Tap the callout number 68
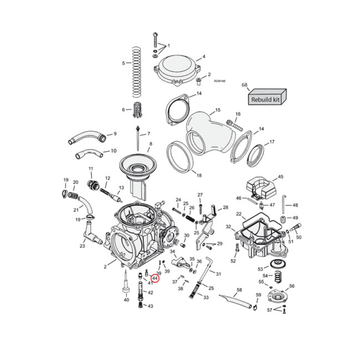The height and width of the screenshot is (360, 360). click(245, 85)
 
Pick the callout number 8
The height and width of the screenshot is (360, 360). click(151, 144)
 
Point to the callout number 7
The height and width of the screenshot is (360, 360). click(148, 134)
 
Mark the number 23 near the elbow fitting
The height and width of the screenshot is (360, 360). click(82, 246)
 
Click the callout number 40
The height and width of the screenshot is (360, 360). click(126, 300)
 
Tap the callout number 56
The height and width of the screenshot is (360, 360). click(292, 286)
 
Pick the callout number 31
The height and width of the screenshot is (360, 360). click(219, 274)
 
